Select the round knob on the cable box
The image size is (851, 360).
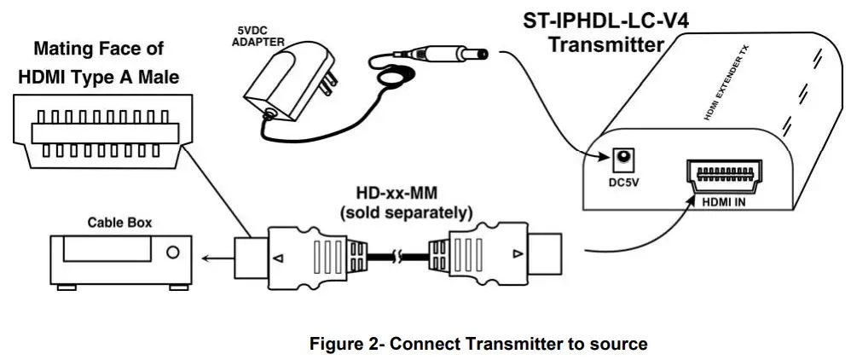[x=174, y=253]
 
